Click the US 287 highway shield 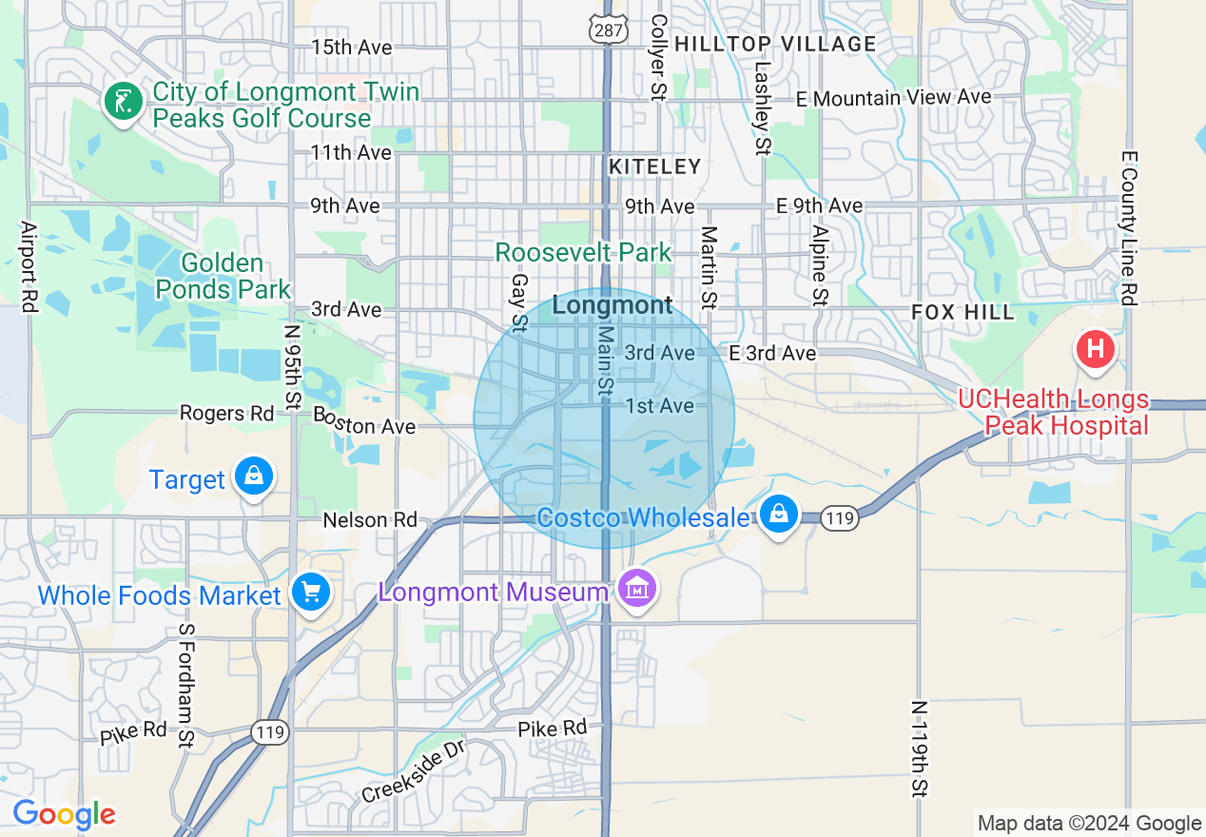pyautogui.click(x=606, y=29)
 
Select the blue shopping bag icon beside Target pyautogui.click(x=254, y=475)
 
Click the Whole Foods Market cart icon pyautogui.click(x=310, y=593)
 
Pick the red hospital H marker pyautogui.click(x=1095, y=349)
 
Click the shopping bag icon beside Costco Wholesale pyautogui.click(x=779, y=515)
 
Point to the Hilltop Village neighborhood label pyautogui.click(x=775, y=44)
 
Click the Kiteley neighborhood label pyautogui.click(x=654, y=166)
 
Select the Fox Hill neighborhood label pyautogui.click(x=963, y=312)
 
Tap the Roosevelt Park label pyautogui.click(x=583, y=252)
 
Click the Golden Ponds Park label pyautogui.click(x=223, y=276)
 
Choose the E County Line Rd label pyautogui.click(x=1129, y=228)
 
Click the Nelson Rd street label pyautogui.click(x=370, y=519)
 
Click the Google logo pyautogui.click(x=64, y=814)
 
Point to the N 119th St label pyautogui.click(x=919, y=749)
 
